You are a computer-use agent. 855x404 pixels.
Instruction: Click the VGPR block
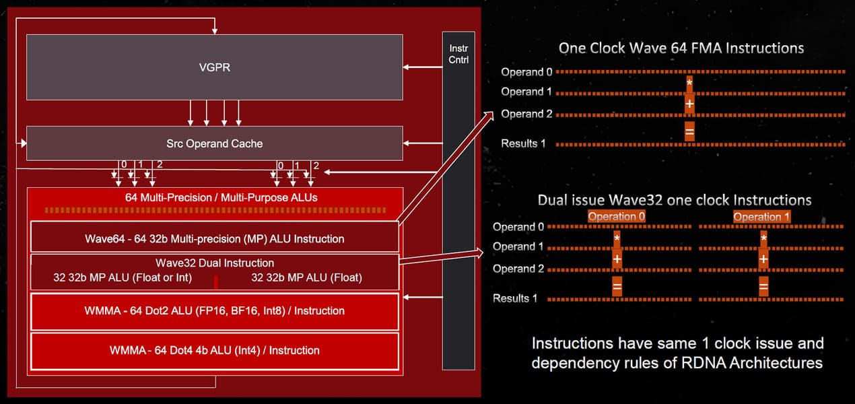[214, 67]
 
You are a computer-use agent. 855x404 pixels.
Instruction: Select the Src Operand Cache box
[214, 143]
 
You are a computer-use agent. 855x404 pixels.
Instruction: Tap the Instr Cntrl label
[458, 54]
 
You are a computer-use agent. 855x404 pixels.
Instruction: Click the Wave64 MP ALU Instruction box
[214, 238]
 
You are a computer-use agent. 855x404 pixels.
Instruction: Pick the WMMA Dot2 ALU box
[214, 310]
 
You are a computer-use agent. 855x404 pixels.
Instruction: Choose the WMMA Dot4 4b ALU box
[214, 350]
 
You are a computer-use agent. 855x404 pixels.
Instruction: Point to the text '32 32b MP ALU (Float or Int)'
[123, 277]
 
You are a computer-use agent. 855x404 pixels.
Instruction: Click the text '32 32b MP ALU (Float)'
[306, 277]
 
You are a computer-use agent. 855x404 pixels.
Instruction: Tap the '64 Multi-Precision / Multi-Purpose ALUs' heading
[214, 198]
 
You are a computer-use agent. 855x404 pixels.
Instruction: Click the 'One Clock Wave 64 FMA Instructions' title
[681, 48]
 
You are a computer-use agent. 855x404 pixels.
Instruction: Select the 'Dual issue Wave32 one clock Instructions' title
[674, 200]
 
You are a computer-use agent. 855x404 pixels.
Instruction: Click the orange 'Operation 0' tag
[616, 217]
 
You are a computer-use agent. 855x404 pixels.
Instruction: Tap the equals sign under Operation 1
[763, 287]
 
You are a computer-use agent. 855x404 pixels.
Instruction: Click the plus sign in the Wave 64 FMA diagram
[689, 104]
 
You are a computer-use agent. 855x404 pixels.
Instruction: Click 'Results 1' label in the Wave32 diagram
[515, 298]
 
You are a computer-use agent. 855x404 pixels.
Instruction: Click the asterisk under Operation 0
[617, 238]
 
